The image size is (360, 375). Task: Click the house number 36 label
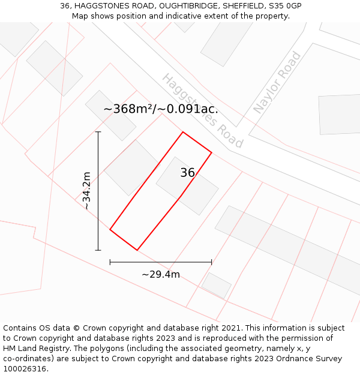tap(187, 173)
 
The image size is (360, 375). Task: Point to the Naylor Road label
tap(277, 83)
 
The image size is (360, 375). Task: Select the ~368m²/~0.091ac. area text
tap(161, 109)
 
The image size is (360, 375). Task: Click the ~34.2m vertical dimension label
tap(87, 191)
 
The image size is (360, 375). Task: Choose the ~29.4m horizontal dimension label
tap(161, 274)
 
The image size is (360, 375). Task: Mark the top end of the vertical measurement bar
tap(98, 132)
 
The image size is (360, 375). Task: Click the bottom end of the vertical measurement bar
tap(98, 250)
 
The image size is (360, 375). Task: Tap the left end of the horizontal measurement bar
tap(110, 262)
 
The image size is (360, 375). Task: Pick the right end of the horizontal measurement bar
tap(211, 262)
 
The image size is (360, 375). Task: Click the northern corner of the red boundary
tap(183, 132)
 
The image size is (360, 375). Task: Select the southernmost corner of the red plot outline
tap(137, 250)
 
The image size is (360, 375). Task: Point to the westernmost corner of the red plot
tap(110, 229)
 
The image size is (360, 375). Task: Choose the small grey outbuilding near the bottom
tap(216, 285)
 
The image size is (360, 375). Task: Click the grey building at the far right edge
tap(339, 114)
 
